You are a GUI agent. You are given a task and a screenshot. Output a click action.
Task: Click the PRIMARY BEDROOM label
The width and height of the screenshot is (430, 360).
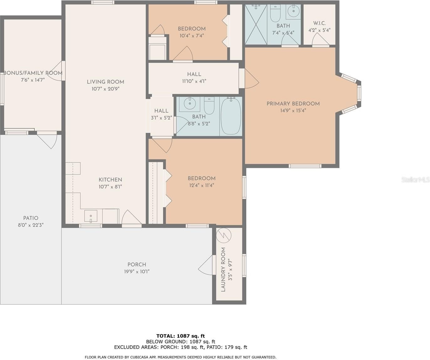point(293,104)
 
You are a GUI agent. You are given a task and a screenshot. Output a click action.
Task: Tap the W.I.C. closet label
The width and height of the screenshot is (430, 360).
point(319,23)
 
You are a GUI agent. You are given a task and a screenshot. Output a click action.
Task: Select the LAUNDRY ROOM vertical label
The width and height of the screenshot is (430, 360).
point(223,269)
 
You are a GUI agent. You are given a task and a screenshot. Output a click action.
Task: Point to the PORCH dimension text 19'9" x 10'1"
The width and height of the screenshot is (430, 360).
point(137,271)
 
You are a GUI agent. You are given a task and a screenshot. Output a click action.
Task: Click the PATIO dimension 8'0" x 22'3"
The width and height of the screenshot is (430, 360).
point(31,225)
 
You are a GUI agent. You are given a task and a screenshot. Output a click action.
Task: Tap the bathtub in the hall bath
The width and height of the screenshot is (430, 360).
point(231,116)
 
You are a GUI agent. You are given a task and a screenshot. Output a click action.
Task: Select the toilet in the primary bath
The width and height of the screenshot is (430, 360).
point(275,13)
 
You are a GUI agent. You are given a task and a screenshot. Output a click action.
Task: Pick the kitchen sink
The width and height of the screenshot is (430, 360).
point(91,216)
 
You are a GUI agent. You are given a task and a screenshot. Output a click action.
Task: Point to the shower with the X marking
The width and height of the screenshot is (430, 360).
point(256,24)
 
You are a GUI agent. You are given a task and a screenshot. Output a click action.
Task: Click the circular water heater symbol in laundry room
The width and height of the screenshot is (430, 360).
point(224,235)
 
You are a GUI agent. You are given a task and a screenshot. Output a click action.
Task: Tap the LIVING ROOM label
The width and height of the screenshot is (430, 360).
point(105,82)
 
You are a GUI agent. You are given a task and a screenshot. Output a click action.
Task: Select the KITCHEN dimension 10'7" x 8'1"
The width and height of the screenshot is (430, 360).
point(110,187)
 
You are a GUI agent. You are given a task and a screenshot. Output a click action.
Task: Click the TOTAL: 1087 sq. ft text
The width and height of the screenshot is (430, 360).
point(181,336)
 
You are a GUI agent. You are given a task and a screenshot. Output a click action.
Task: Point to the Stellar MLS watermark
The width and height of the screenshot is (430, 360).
point(416,180)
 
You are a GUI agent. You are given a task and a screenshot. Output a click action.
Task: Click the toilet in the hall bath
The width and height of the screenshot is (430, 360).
point(209,106)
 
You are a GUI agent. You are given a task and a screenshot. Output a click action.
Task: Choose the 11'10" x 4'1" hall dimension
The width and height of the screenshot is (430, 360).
point(194,81)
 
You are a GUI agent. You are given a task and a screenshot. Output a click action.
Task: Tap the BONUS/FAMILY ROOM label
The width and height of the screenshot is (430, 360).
point(33,73)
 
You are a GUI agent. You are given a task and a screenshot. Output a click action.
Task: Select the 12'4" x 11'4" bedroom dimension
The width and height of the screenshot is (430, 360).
point(202,185)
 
